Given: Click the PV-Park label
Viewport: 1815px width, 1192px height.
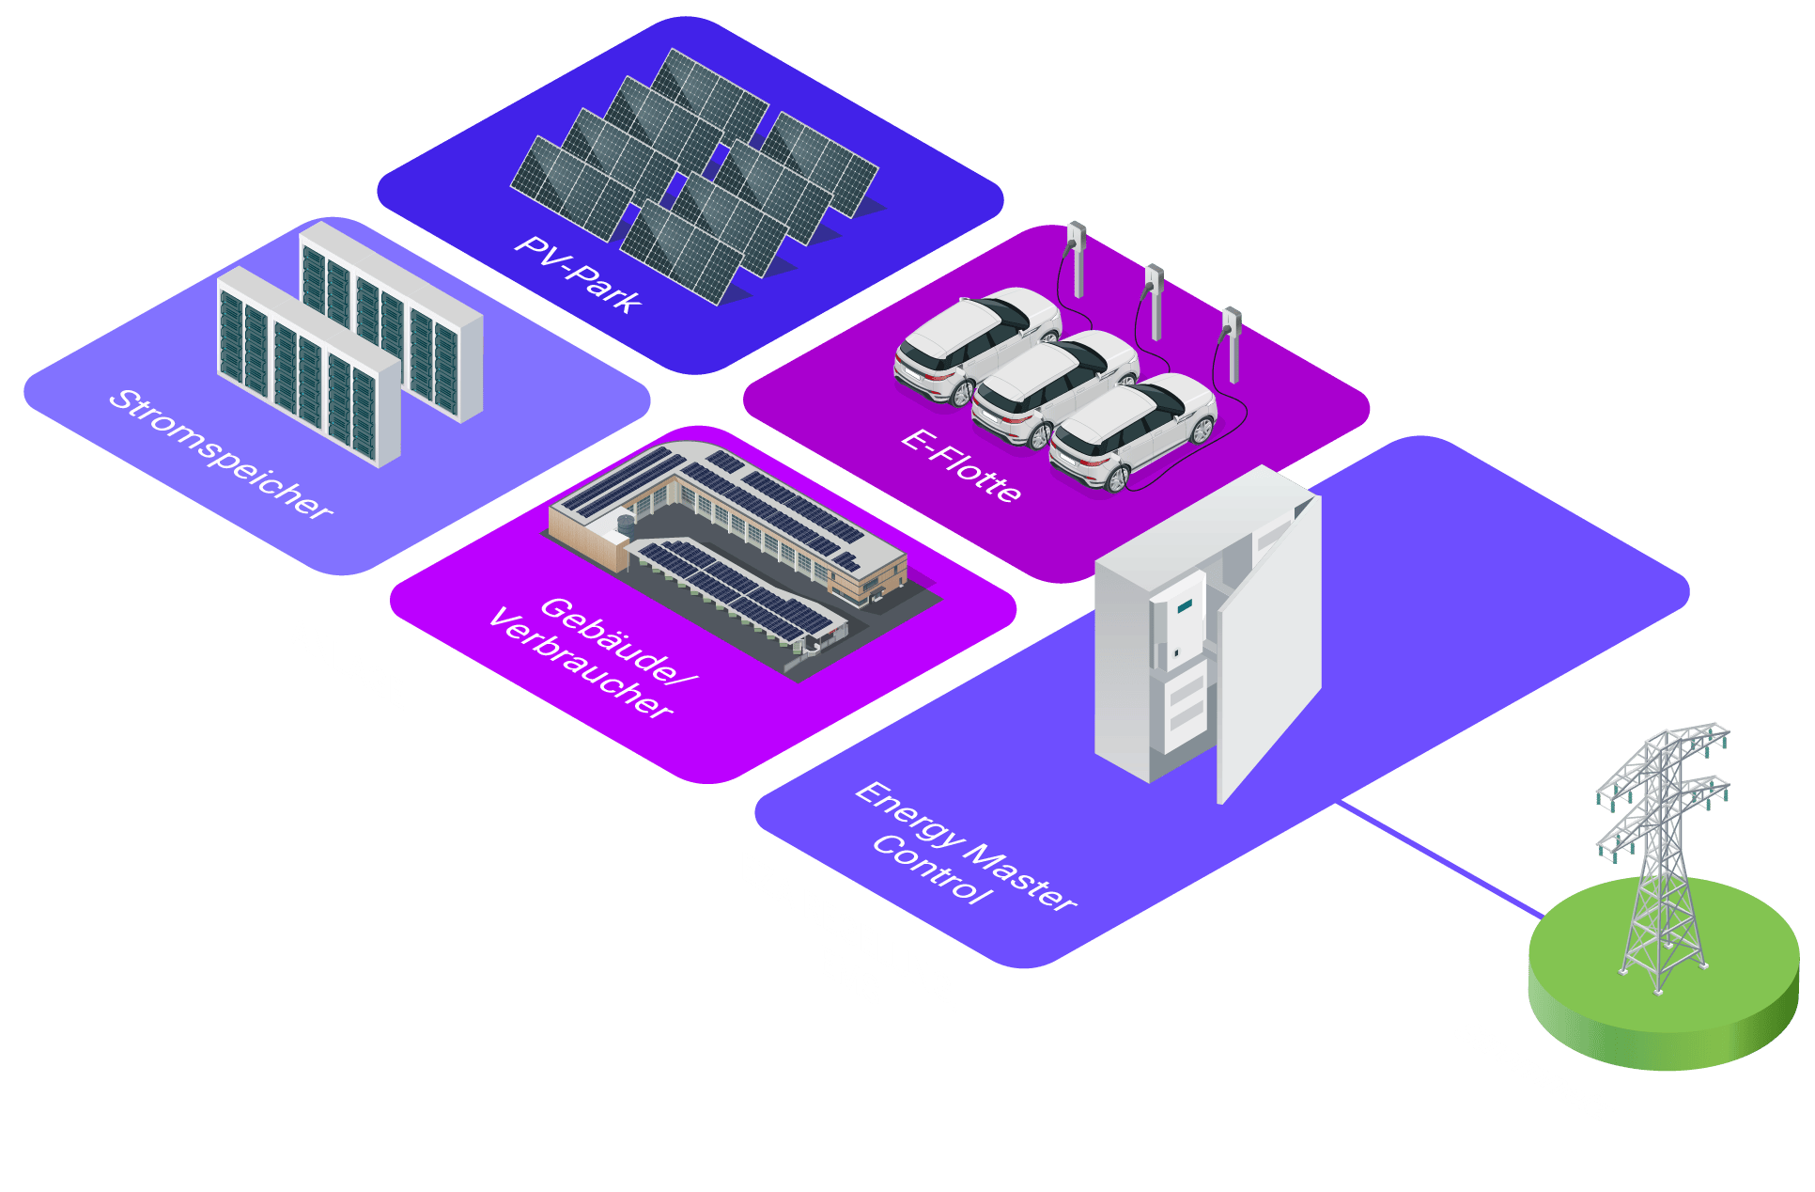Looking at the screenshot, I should (x=578, y=274).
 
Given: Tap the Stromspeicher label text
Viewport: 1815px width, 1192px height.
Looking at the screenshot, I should (x=221, y=454).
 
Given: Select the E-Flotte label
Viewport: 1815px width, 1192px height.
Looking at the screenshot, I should (x=960, y=466).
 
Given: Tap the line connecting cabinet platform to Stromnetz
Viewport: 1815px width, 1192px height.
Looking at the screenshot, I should (x=1437, y=855).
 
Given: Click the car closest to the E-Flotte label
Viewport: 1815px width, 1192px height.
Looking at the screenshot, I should (x=1132, y=432).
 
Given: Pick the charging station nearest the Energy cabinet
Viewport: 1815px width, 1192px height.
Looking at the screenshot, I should (x=1231, y=342).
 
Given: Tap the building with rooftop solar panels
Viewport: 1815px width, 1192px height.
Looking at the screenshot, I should (x=728, y=545).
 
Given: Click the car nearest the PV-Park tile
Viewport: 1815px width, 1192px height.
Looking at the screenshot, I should (x=977, y=343).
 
